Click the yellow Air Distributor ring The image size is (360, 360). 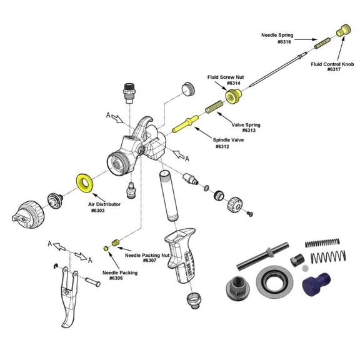pyautogui.click(x=82, y=183)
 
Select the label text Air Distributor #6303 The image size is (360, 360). pyautogui.click(x=104, y=207)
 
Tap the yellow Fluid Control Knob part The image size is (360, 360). pyautogui.click(x=343, y=29)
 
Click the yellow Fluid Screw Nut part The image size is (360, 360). pyautogui.click(x=236, y=96)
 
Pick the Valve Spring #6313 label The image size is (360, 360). pyautogui.click(x=245, y=127)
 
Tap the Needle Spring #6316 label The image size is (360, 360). pyautogui.click(x=277, y=38)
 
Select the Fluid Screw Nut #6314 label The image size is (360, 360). pyautogui.click(x=226, y=80)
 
